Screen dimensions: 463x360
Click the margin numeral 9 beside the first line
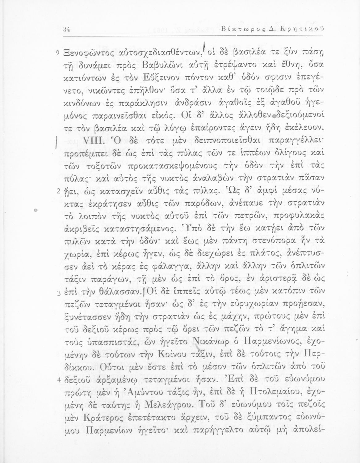point(58,53)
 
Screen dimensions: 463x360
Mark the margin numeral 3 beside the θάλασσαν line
point(58,293)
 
